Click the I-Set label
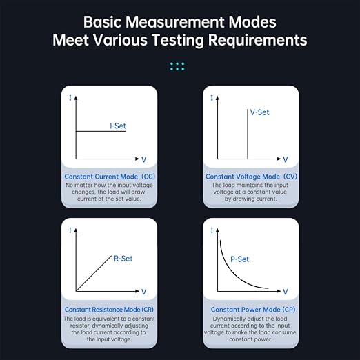118,126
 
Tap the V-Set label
259,112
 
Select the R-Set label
123,259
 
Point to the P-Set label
240,259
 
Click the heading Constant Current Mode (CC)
110,177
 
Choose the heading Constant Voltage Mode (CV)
251,177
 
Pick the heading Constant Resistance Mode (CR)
109,310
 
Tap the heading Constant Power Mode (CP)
253,310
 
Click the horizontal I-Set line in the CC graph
101,131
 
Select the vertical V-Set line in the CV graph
248,134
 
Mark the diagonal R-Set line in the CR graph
94,273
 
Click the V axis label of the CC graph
143,159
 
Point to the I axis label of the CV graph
212,98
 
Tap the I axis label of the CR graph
70,230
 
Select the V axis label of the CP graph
286,292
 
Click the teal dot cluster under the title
177,66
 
